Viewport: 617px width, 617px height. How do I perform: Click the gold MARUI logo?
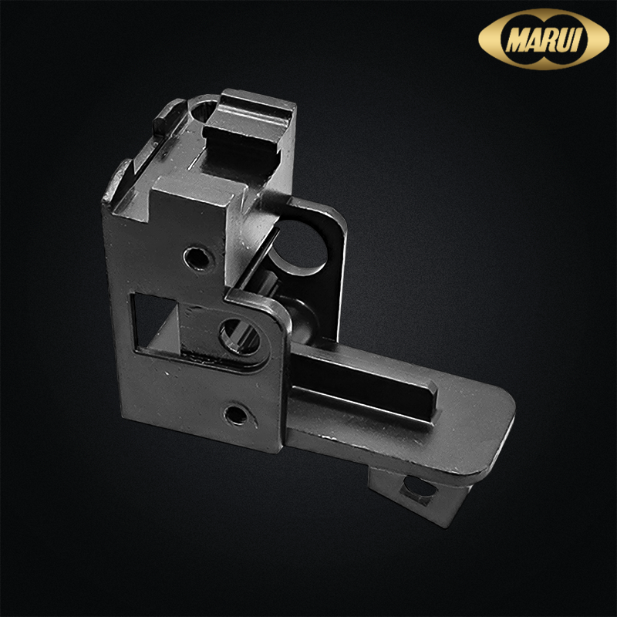[544, 39]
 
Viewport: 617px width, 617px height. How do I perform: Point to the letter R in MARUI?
[552, 39]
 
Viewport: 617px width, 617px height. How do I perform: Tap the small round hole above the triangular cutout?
[198, 258]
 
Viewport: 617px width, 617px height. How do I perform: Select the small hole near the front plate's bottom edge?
[236, 414]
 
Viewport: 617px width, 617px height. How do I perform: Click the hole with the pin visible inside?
[240, 335]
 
